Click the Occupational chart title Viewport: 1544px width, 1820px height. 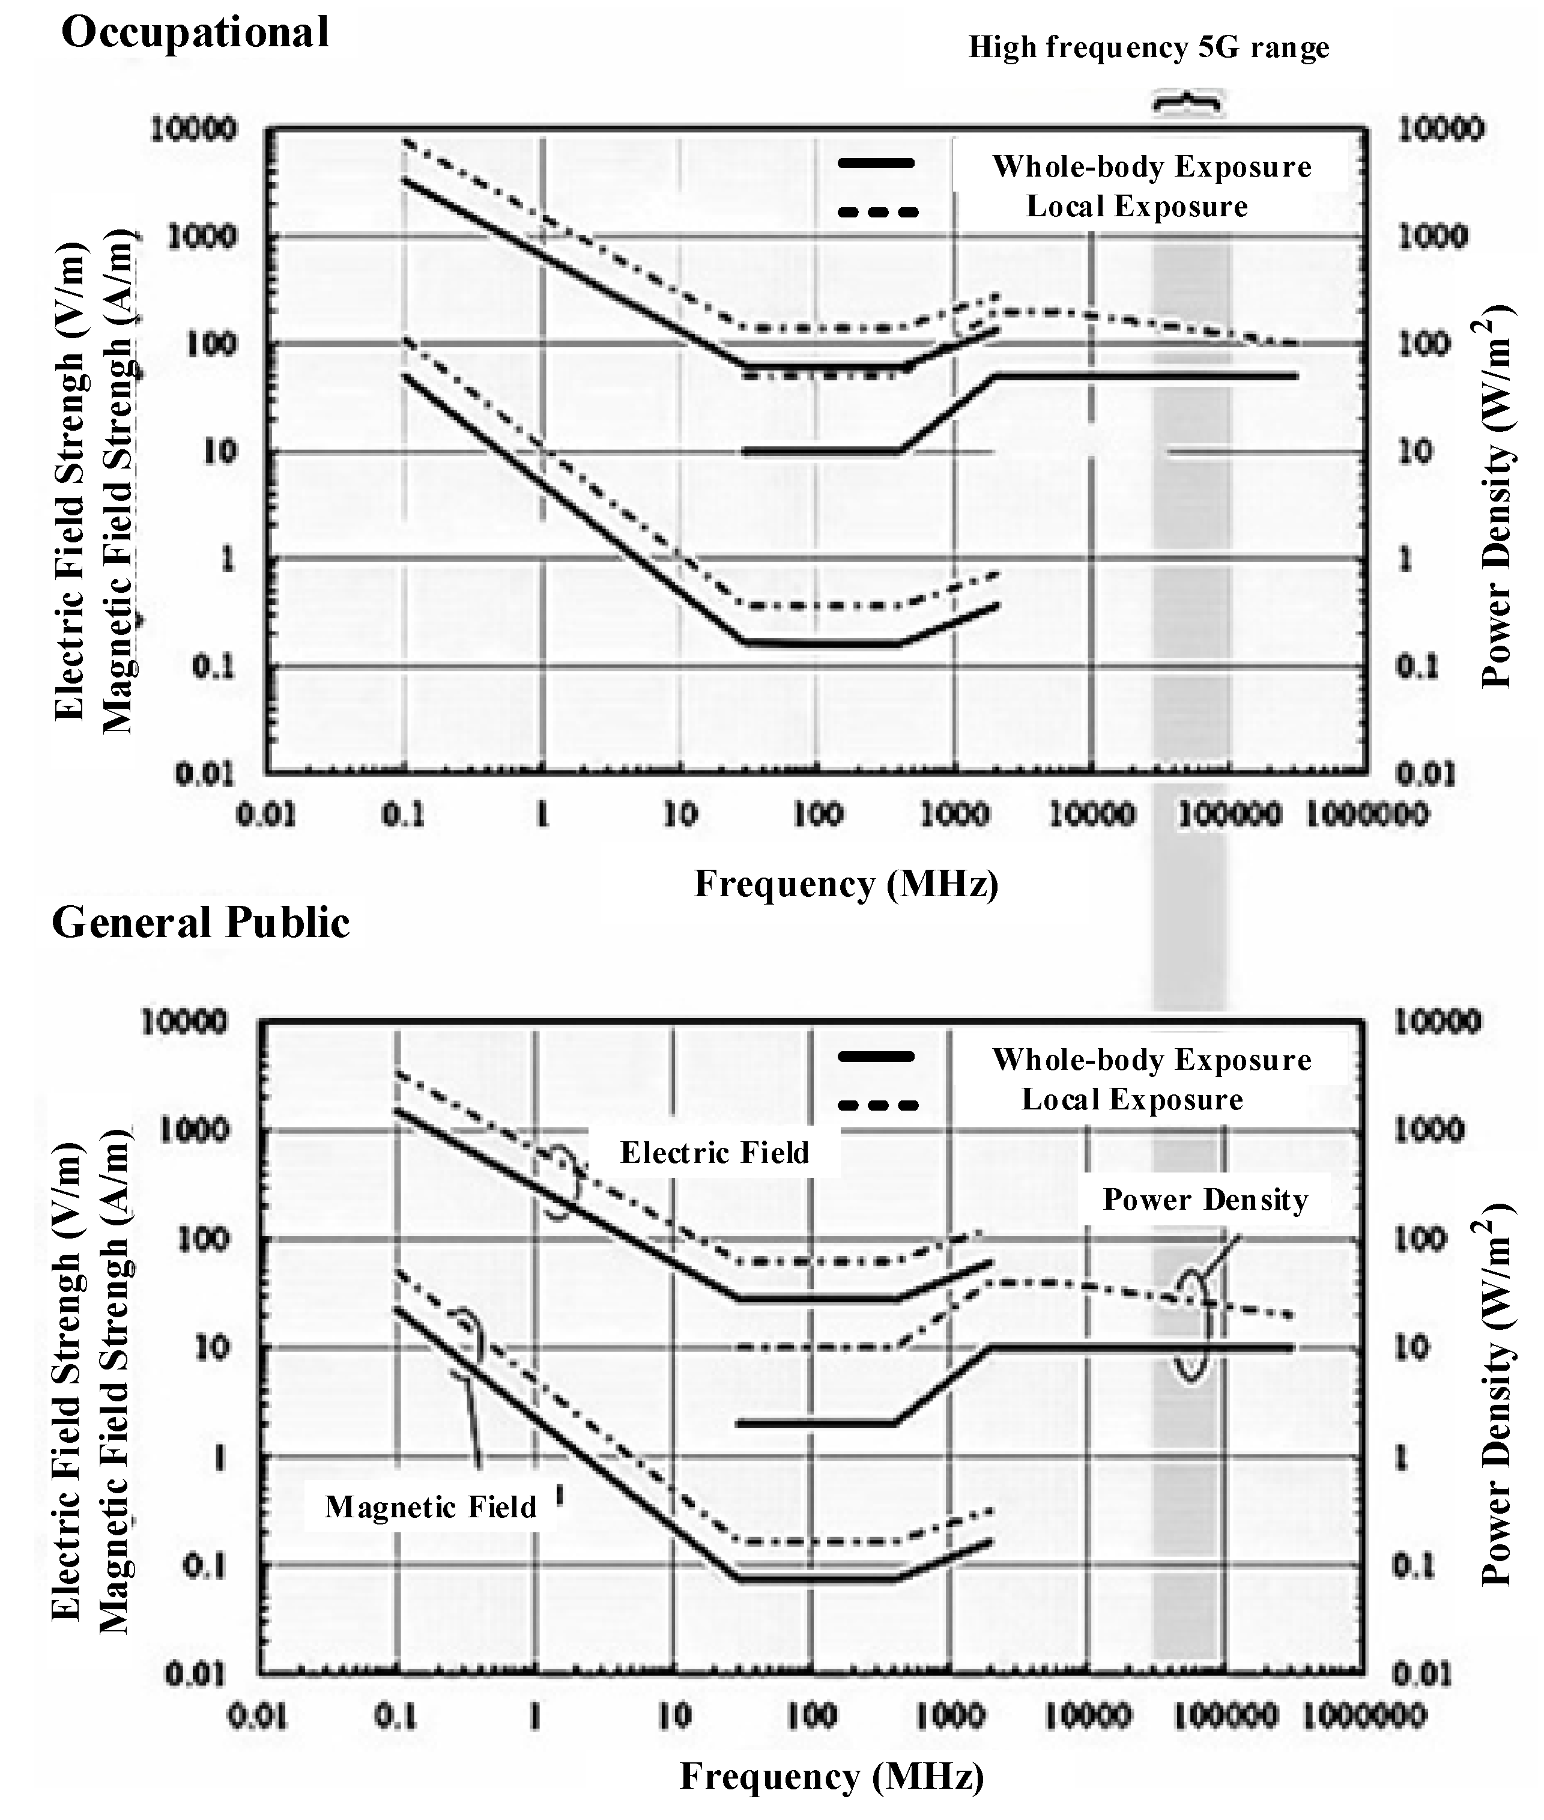(195, 33)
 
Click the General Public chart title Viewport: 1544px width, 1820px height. (201, 923)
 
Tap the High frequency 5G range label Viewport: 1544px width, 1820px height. (1148, 47)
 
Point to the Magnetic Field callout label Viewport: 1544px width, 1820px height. (431, 1506)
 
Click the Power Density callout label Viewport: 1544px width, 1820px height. (1205, 1200)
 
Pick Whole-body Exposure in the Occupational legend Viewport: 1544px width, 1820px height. (1151, 166)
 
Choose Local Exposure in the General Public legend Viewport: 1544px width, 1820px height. (1132, 1100)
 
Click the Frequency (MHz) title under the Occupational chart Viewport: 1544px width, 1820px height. (846, 884)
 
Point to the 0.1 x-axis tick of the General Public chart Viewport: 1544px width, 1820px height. (396, 1716)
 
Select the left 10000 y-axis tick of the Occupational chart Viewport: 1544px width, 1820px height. (193, 130)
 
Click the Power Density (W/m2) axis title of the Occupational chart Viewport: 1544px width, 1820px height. (1498, 494)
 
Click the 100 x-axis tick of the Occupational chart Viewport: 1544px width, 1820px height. (817, 815)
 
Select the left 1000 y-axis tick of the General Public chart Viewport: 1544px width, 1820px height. (195, 1130)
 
